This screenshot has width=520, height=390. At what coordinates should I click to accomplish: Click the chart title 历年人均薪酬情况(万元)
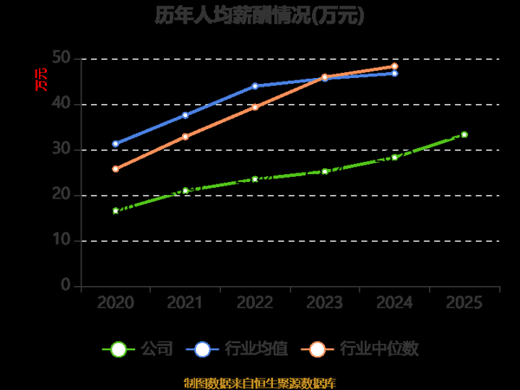(x=260, y=16)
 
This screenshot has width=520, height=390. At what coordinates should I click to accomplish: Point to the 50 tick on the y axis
(x=61, y=59)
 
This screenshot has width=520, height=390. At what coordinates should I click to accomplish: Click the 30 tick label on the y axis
(x=61, y=150)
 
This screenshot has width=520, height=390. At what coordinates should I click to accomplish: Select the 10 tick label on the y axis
(x=61, y=240)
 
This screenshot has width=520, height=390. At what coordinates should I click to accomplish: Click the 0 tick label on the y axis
(x=65, y=285)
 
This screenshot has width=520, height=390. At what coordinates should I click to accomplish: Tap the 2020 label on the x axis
(x=115, y=302)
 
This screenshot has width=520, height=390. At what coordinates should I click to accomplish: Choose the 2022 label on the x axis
(x=255, y=302)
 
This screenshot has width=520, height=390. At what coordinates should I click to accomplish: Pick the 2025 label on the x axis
(x=465, y=302)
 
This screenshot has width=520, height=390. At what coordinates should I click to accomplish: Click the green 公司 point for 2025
(x=465, y=134)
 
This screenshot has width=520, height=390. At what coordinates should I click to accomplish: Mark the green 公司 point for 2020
(x=115, y=211)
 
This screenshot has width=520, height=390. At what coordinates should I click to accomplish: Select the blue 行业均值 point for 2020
(x=115, y=144)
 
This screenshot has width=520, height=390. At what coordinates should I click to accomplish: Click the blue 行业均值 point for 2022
(x=255, y=86)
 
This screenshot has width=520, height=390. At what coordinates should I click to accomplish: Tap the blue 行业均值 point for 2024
(x=394, y=74)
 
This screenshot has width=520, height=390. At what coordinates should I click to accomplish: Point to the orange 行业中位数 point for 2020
(x=115, y=169)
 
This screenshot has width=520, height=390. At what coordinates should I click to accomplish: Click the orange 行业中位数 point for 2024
(x=394, y=66)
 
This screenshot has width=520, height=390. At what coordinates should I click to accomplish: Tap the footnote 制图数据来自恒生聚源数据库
(x=260, y=382)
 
